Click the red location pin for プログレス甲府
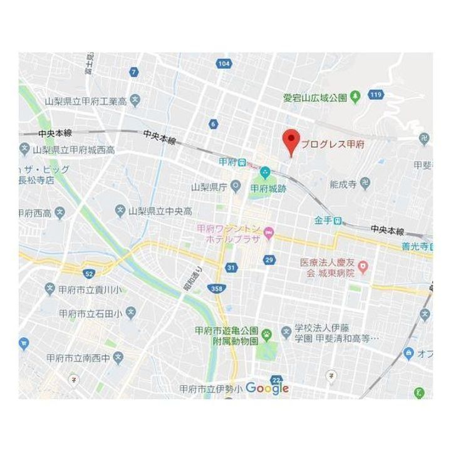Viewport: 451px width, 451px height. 290,140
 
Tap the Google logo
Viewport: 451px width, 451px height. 267,388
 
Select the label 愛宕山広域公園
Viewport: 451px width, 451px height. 314,98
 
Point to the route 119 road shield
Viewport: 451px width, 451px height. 376,95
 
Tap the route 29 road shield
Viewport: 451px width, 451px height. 270,259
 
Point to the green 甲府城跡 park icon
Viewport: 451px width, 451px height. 265,172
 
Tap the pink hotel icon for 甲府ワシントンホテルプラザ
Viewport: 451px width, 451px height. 269,234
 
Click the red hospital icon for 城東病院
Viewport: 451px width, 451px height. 361,267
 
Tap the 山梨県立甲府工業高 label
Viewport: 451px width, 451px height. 86,100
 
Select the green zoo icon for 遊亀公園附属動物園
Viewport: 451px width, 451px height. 266,334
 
